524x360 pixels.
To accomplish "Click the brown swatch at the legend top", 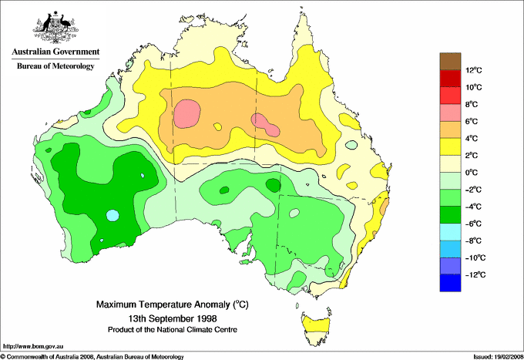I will coord(450,61).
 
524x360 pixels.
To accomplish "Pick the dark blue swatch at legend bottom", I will coord(450,283).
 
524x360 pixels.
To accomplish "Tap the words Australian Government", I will coord(53,52).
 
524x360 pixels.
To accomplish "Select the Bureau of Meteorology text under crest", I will coord(55,66).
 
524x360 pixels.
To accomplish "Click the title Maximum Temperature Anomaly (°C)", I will coord(171,305).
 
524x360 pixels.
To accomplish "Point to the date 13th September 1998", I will coord(172,318).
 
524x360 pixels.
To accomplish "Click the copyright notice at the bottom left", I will coord(92,356).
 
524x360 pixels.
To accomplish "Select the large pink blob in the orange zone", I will coord(186,113).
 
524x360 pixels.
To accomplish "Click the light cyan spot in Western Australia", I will coord(113,215).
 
